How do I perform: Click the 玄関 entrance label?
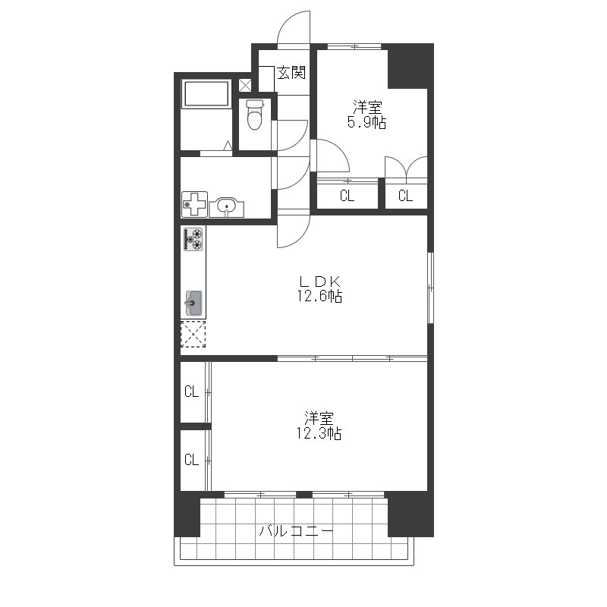(291, 72)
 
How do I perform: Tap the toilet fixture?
(254, 115)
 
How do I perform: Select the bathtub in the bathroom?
(206, 93)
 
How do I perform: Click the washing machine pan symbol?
(194, 204)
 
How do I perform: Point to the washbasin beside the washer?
(226, 207)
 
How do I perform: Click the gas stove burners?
(193, 239)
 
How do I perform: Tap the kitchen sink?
(193, 303)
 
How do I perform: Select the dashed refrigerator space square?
(193, 334)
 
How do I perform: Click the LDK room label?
(319, 281)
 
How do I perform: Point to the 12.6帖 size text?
(319, 296)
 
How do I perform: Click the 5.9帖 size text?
(366, 122)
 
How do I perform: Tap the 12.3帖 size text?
(319, 433)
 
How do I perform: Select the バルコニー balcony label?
(296, 530)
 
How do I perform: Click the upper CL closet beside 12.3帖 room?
(192, 392)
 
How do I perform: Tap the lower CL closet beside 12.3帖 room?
(192, 460)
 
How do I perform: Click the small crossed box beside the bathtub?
(244, 85)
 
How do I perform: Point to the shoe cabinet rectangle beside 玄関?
(266, 79)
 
